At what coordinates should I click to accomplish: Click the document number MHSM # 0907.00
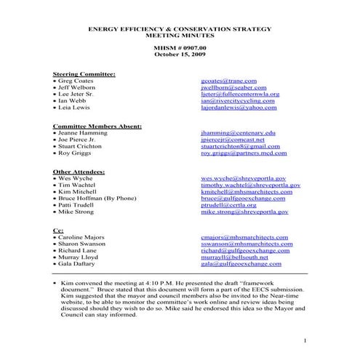coord(180,47)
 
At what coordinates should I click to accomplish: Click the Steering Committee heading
coord(85,74)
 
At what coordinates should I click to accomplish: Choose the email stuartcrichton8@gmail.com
coord(240,146)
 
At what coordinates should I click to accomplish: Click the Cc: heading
coord(59,231)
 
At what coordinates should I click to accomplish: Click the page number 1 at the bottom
coord(306,341)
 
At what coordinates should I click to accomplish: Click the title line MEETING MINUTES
coord(180,34)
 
